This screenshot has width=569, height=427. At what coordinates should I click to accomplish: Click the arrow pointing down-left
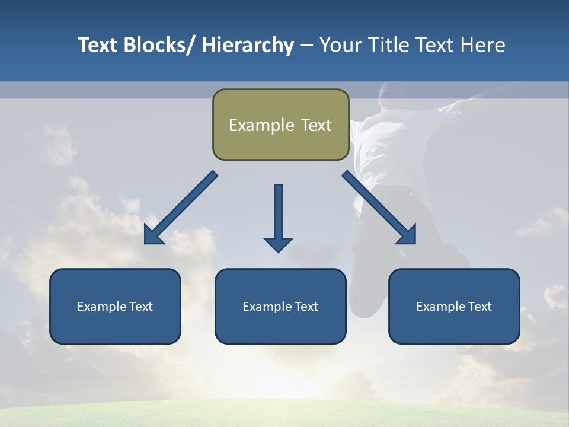click(x=181, y=208)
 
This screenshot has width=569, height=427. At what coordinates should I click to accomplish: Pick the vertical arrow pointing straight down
click(x=278, y=213)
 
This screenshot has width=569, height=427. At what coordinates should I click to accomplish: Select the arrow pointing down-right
click(x=379, y=208)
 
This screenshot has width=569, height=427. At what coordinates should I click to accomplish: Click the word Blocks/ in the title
click(x=159, y=45)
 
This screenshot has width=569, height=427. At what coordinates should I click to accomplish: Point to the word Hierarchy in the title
click(x=248, y=45)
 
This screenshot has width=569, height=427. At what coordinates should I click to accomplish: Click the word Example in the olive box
click(x=261, y=125)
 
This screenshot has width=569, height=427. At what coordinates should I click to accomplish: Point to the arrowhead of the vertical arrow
click(x=278, y=244)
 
